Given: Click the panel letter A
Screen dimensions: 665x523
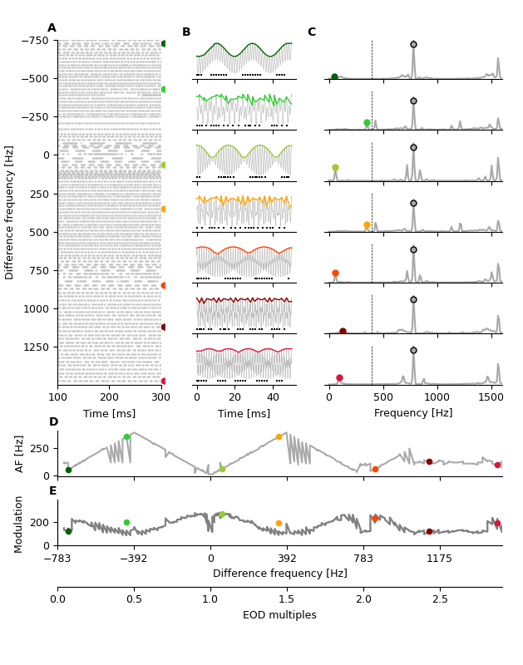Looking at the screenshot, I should [x=52, y=28].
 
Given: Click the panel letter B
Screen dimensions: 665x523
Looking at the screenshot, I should [x=186, y=32].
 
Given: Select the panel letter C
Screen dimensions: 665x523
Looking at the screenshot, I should [x=311, y=32].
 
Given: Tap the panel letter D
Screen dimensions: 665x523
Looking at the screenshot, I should [x=53, y=422].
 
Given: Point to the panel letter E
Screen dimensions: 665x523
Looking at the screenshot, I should [x=53, y=491].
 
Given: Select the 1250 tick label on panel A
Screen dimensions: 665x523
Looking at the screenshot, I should [x=34, y=347].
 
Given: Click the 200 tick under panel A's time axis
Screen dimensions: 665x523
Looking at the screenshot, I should [x=109, y=398].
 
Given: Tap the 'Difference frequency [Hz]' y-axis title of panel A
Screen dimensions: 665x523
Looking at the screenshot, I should [x=10, y=212].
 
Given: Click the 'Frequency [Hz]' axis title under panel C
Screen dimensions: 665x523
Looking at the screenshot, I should [x=413, y=413].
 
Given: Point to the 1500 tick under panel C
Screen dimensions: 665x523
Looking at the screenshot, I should [x=491, y=398].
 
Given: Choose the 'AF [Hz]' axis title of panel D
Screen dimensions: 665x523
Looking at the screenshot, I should [x=20, y=453].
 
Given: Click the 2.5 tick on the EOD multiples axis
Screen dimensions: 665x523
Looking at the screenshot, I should [x=440, y=599].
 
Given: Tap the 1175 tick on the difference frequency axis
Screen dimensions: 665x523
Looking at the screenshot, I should [x=440, y=559].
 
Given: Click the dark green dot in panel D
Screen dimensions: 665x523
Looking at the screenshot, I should [x=68, y=470].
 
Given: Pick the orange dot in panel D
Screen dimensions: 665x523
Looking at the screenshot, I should [x=279, y=436].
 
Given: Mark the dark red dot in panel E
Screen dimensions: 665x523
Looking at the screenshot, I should [x=429, y=531].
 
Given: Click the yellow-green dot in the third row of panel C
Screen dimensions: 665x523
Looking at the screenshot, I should [x=335, y=168].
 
